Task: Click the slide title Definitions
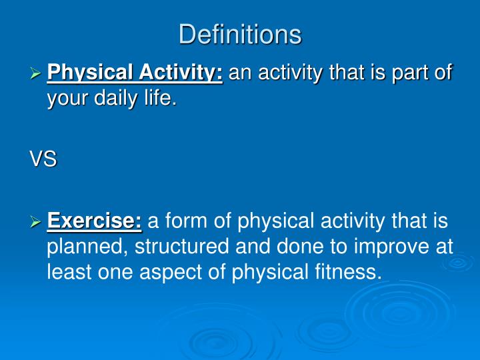pos(240,34)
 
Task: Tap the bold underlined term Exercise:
pos(95,221)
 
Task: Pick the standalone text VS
pos(43,160)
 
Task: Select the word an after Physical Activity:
pos(239,73)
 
